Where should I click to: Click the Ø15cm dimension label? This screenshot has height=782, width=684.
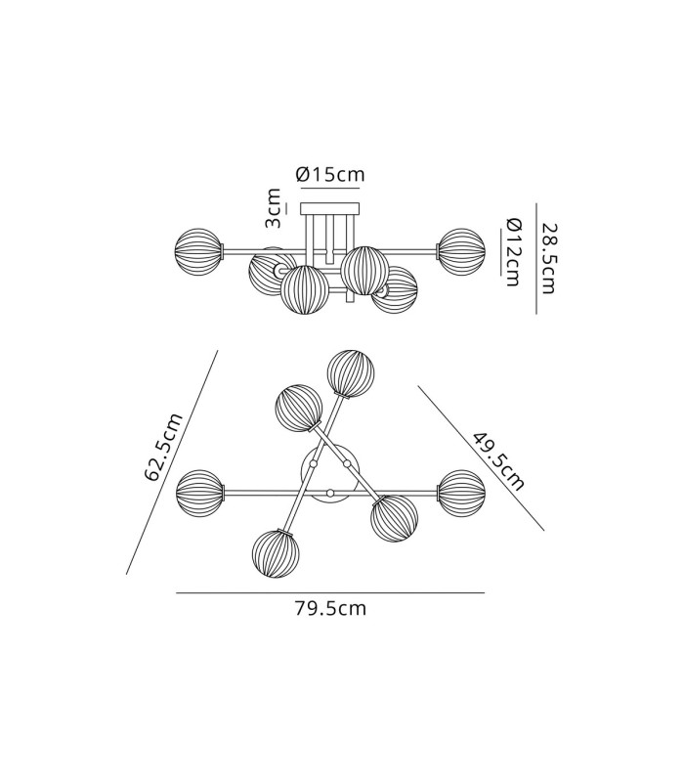tap(330, 175)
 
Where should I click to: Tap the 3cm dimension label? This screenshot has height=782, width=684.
tap(273, 208)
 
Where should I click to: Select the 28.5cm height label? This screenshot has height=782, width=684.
tap(548, 258)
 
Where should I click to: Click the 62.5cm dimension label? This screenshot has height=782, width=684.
tap(164, 448)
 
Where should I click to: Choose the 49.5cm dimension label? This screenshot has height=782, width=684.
tap(498, 461)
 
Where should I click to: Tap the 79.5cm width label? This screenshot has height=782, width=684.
tap(330, 608)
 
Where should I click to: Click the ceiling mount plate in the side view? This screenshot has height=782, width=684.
tap(329, 207)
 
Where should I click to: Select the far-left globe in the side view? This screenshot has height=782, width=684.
tap(198, 252)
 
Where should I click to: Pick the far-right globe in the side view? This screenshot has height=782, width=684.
tap(461, 252)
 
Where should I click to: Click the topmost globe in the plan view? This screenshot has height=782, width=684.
tap(351, 374)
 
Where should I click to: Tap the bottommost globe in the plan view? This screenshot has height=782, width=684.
tap(277, 554)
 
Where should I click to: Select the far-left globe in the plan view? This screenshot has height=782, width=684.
tap(199, 494)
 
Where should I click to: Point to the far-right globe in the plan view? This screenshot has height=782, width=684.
tap(461, 494)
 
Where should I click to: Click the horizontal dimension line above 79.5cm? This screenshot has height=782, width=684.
tap(330, 593)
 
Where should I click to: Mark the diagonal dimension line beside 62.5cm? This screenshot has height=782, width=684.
tap(172, 462)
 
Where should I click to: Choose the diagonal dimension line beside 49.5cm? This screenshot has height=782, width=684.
tap(481, 457)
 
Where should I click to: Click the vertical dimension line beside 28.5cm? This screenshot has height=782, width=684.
tap(536, 258)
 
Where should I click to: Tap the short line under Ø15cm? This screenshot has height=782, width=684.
tap(330, 189)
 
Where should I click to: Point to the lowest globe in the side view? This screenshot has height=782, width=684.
tap(305, 290)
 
